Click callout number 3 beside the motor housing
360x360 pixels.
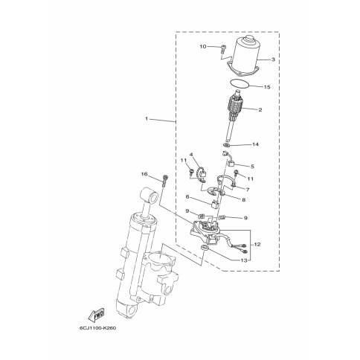[x=273, y=60]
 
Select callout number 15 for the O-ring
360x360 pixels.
[x=267, y=87]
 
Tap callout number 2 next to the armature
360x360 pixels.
[x=260, y=109]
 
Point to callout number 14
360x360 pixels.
[x=255, y=144]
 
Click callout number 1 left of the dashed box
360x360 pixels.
[x=147, y=119]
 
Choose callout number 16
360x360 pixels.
[x=144, y=174]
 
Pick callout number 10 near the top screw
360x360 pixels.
[x=203, y=46]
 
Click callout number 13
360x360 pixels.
[x=244, y=260]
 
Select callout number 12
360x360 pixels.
[x=257, y=245]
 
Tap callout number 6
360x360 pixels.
[x=187, y=197]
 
